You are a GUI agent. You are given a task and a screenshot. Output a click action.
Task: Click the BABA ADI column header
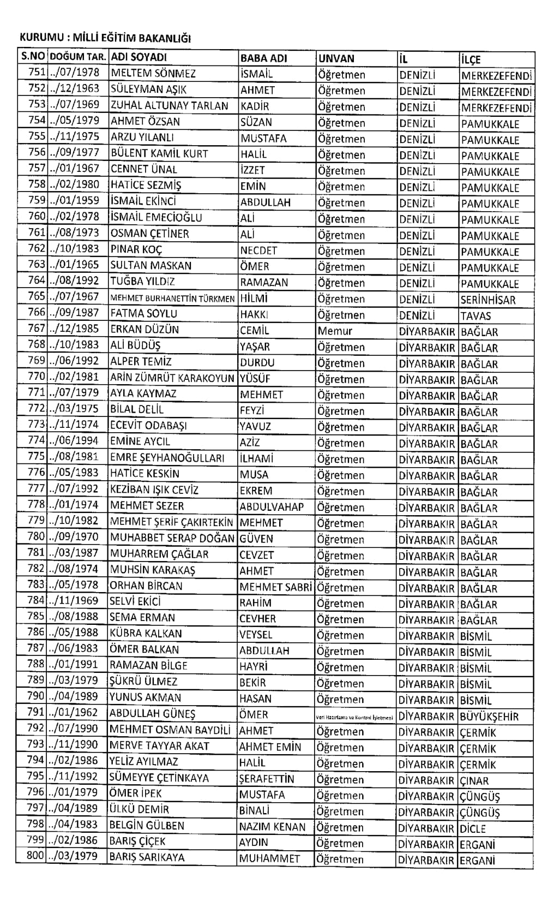[263, 58]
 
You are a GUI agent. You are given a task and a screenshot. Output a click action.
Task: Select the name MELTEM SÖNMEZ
[153, 74]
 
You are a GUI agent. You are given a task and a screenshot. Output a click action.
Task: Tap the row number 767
[37, 329]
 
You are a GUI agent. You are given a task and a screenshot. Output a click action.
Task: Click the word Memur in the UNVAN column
[335, 331]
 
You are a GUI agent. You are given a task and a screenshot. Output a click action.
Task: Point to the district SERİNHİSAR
[488, 300]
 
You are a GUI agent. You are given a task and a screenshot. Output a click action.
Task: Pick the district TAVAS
[475, 316]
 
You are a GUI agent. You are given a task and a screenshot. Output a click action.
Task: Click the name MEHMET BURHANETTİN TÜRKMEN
[172, 299]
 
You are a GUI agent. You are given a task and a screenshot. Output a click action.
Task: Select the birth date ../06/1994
[74, 440]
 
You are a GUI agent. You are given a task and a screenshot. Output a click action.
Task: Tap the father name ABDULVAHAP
[272, 507]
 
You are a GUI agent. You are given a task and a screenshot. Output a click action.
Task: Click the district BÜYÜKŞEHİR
[489, 717]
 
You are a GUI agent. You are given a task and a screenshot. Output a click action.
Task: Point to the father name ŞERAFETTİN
[266, 779]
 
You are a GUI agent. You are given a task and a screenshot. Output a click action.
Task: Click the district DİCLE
[473, 828]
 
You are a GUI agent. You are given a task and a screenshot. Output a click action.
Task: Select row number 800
[35, 855]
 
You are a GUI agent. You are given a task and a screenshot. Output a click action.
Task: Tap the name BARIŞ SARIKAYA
[147, 857]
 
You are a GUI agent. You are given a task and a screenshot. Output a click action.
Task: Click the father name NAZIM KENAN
[272, 827]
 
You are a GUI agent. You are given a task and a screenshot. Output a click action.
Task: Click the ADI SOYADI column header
[138, 57]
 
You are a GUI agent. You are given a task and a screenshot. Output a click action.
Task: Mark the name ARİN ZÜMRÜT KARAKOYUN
[172, 378]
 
